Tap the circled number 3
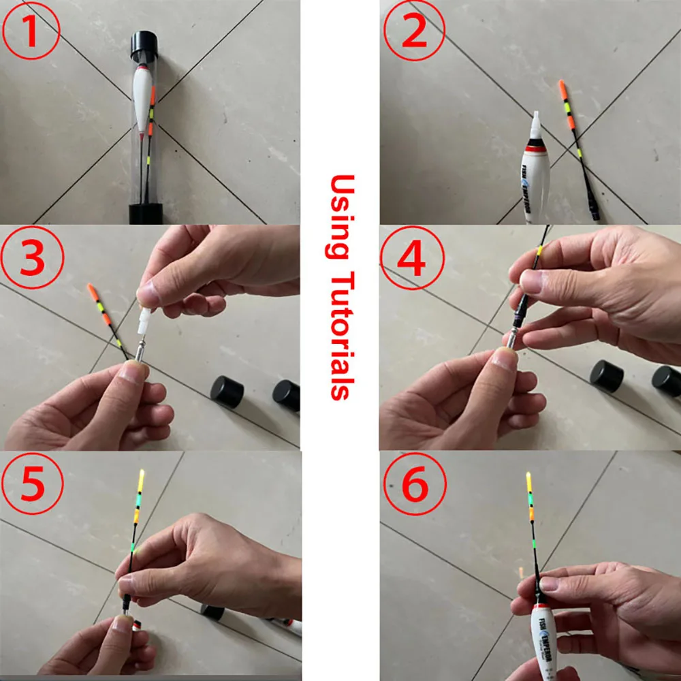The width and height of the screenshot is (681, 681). (x=31, y=259)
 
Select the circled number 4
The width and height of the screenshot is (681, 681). (x=413, y=258)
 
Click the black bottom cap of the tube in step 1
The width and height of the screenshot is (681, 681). (x=145, y=213)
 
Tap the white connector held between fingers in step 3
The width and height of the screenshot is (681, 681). (x=144, y=320)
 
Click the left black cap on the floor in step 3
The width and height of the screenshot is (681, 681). (x=227, y=392)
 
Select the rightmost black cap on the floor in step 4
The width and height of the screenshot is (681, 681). (x=667, y=381)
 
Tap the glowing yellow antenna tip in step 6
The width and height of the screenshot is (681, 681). (x=528, y=484)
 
